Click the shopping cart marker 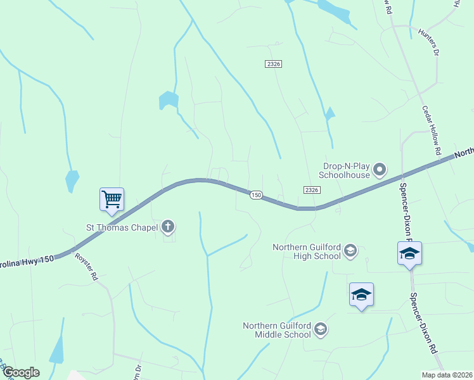coord(112,199)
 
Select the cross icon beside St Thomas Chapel coord(168,226)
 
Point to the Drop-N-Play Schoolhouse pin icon coord(380,168)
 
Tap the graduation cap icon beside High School coord(350,251)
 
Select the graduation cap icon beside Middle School coord(321,328)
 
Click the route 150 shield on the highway coord(255,195)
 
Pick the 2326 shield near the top coord(273,64)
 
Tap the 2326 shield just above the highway coord(311,189)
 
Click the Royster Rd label coord(87,267)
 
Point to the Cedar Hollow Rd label coord(431,130)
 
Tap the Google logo coord(20,372)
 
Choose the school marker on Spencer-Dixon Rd coord(409,253)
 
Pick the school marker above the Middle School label coord(361,294)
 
